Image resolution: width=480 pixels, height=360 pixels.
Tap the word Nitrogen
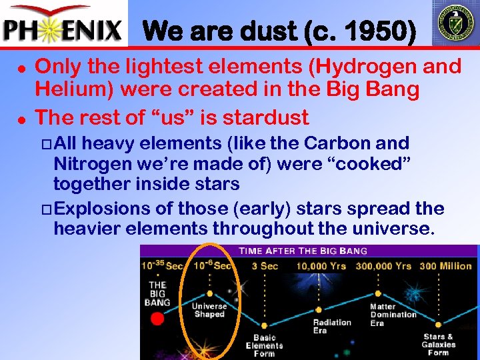[x=89, y=163]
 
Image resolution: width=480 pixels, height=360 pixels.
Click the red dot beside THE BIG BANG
[x=157, y=318]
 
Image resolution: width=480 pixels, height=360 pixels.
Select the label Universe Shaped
[x=209, y=310]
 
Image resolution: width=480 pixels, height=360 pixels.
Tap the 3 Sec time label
[x=265, y=267]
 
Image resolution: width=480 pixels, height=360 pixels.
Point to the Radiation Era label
[x=332, y=327]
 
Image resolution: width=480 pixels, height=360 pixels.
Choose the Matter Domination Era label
[x=393, y=315]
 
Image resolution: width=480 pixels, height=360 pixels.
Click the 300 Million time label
[x=446, y=267]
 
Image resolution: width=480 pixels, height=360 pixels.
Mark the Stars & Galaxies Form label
[x=438, y=345]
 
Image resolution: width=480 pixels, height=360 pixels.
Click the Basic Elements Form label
[x=264, y=345]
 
